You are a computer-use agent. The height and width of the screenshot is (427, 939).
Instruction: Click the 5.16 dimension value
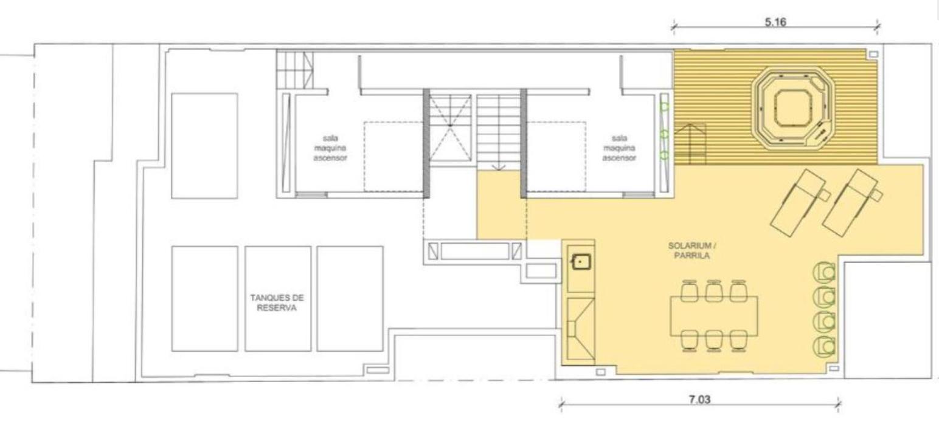tap(775, 22)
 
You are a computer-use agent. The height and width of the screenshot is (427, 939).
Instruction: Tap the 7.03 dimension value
tap(699, 400)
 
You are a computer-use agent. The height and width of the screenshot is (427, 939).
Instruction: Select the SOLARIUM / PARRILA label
tap(691, 250)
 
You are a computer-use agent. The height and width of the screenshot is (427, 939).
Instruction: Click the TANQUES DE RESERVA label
tap(277, 302)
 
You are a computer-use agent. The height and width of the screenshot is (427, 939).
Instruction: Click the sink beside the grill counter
tap(581, 262)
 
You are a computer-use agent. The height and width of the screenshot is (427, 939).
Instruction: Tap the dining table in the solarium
tap(714, 316)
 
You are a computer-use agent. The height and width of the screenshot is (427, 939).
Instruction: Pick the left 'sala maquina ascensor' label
tap(330, 148)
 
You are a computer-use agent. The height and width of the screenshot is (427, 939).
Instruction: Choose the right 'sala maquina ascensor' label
tap(619, 148)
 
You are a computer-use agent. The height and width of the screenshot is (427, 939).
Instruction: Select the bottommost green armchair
tap(825, 346)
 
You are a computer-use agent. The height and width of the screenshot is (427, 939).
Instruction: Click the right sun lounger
tap(852, 203)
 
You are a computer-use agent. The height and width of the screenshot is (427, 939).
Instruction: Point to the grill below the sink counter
tap(581, 329)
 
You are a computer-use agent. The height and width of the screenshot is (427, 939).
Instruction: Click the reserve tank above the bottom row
tap(204, 146)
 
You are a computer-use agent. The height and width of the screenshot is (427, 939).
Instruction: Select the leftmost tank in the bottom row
tap(204, 298)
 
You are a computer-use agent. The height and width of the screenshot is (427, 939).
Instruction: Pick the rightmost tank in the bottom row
tap(350, 298)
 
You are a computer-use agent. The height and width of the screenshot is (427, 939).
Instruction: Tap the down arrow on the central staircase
tap(498, 165)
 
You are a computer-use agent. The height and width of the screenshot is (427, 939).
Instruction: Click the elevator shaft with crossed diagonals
tap(450, 128)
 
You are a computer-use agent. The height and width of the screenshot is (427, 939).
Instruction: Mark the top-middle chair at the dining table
tap(713, 290)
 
